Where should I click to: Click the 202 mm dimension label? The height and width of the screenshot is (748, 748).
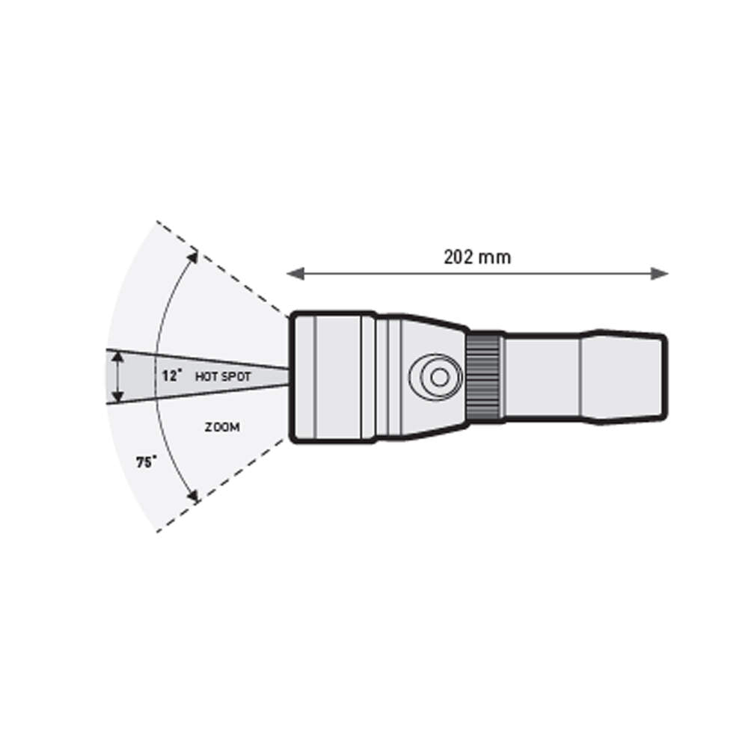click(477, 257)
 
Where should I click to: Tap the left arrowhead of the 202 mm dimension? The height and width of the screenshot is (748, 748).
click(295, 274)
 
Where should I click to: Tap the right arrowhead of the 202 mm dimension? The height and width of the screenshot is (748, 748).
click(659, 274)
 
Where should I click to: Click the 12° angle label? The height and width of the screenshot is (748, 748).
click(172, 376)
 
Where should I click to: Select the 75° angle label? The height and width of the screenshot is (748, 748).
click(147, 462)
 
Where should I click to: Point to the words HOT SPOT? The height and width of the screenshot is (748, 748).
click(223, 377)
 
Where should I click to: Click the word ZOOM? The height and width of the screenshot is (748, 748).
click(222, 427)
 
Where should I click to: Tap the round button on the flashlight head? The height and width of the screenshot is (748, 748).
click(435, 377)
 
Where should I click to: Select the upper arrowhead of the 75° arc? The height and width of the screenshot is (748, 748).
click(192, 256)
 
